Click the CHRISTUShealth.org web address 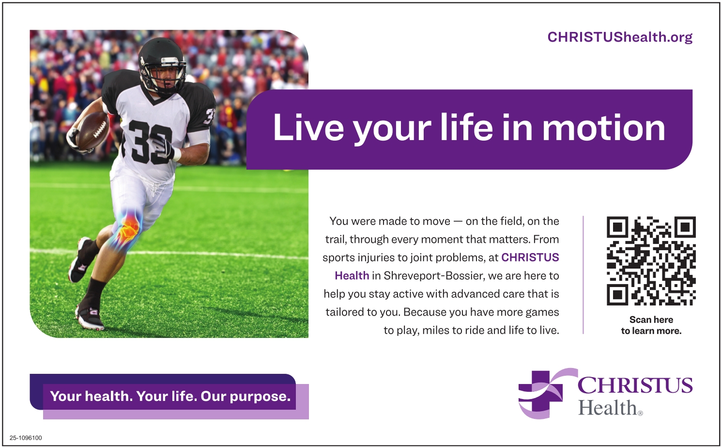pos(619,37)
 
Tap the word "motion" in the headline pos(604,128)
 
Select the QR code pos(651,261)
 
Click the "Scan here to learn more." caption pos(651,325)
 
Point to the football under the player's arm pos(92,130)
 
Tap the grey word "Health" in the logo pos(608,407)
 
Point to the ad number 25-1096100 pos(26,438)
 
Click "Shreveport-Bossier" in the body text pos(434,276)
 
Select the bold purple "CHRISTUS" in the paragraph pos(530,257)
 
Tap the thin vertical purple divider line pos(583,275)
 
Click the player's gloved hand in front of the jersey pos(164,147)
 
